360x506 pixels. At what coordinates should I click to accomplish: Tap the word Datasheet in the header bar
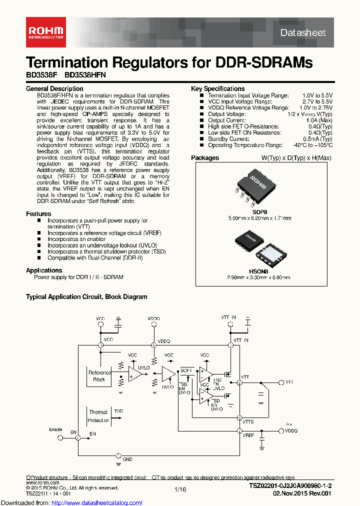[303, 32]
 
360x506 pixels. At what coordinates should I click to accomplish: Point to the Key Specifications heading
[217, 88]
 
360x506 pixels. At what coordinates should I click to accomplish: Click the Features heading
[38, 214]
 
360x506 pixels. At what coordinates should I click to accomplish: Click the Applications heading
[44, 270]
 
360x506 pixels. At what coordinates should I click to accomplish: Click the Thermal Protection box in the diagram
[98, 416]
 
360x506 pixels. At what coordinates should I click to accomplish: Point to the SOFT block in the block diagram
[186, 370]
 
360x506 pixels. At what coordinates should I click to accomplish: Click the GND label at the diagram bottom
[127, 458]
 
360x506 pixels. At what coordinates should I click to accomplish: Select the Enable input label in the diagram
[55, 429]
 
